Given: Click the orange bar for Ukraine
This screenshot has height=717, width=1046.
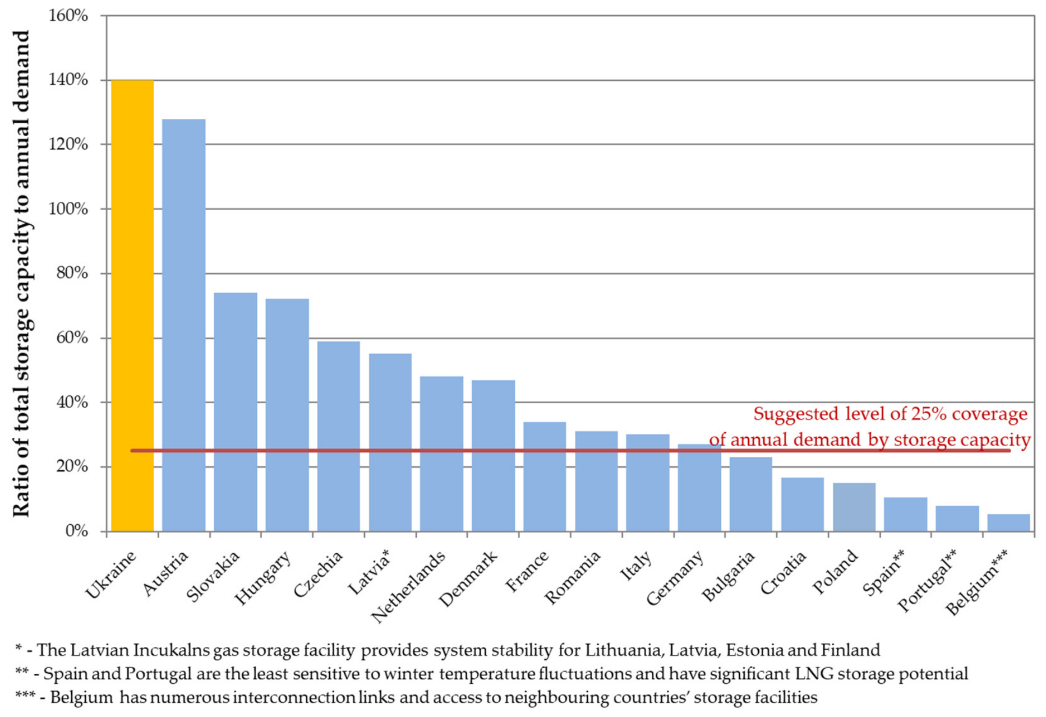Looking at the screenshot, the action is pos(132,306).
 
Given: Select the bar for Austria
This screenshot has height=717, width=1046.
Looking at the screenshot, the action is pos(184,325).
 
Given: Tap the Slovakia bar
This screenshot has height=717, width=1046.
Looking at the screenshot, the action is pos(236,412).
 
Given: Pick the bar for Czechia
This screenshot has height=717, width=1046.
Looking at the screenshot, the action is pos(339,436).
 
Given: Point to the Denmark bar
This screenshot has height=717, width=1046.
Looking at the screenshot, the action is pos(494,456).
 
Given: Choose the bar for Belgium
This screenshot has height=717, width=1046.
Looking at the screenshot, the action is pos(1009,522).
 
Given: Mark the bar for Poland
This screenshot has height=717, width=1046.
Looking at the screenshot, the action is pos(854,507).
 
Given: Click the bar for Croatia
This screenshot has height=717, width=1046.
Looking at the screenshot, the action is pos(803,505).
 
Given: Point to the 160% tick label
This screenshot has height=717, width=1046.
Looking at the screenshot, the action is pos(68,16).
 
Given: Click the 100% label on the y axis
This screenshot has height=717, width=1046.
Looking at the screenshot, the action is pos(68,209).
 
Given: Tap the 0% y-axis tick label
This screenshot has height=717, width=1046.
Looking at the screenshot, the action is pos(77,531).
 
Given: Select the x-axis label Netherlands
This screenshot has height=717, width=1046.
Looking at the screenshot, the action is pos(408,586).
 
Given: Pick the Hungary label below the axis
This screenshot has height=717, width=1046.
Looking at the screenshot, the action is pos(263,578).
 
